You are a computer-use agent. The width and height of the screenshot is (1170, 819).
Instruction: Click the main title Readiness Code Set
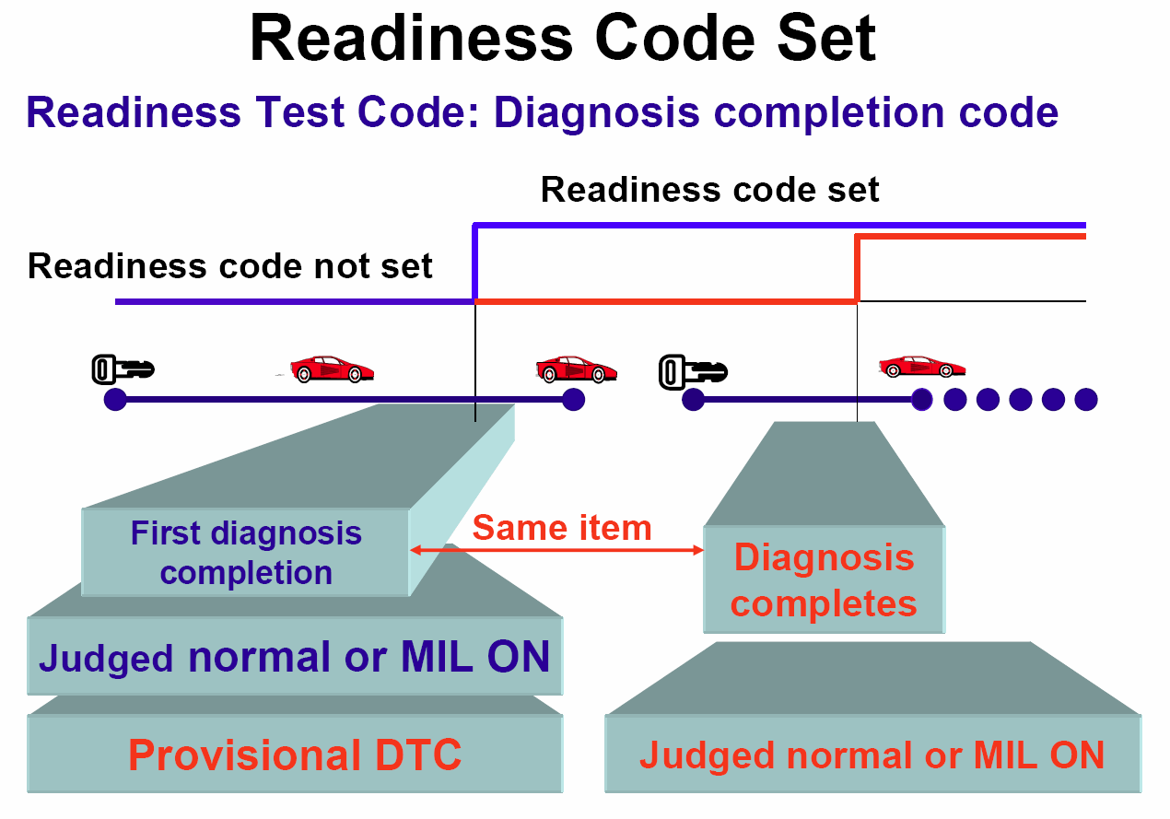(x=563, y=38)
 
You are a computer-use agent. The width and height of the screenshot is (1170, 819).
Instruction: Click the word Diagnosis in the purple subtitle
(x=596, y=112)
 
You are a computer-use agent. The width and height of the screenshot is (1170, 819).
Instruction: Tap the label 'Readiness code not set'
(x=229, y=266)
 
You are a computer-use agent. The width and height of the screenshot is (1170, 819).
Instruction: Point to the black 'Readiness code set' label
(x=710, y=189)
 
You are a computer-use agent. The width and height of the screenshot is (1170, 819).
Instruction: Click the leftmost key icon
(x=123, y=369)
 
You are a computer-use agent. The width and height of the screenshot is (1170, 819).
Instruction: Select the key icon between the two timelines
(x=693, y=371)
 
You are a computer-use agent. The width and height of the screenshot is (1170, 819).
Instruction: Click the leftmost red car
(x=331, y=369)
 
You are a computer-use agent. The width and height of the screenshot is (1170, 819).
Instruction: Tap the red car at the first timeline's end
(x=576, y=369)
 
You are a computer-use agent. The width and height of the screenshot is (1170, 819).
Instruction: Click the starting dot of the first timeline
(x=115, y=400)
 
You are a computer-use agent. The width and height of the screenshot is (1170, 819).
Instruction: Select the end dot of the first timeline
(x=574, y=400)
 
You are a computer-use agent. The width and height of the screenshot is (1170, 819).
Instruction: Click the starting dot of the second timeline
(x=693, y=400)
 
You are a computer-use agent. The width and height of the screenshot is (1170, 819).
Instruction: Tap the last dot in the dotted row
(x=1086, y=400)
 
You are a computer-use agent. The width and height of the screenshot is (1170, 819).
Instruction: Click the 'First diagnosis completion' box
(x=245, y=552)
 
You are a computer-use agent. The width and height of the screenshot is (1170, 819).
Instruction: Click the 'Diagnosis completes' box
(x=824, y=579)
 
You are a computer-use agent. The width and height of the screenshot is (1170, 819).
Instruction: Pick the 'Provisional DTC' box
(x=295, y=754)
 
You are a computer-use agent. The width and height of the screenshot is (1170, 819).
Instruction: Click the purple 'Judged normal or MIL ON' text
(x=295, y=657)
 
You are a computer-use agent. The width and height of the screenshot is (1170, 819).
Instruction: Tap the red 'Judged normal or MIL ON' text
(x=872, y=755)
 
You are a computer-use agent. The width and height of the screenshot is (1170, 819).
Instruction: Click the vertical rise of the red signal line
(x=857, y=269)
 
